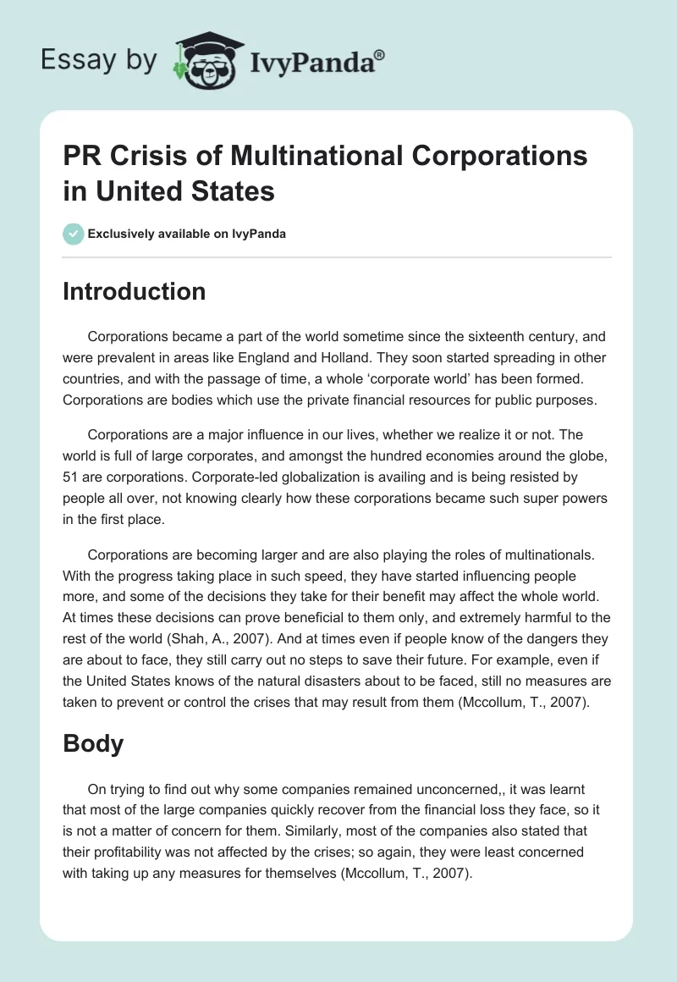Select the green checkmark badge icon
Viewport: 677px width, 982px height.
pyautogui.click(x=74, y=234)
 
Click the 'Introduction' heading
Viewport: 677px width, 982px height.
pyautogui.click(x=135, y=291)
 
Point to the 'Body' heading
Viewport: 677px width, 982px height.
pyautogui.click(x=93, y=743)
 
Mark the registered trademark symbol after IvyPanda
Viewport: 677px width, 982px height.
pyautogui.click(x=381, y=54)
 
